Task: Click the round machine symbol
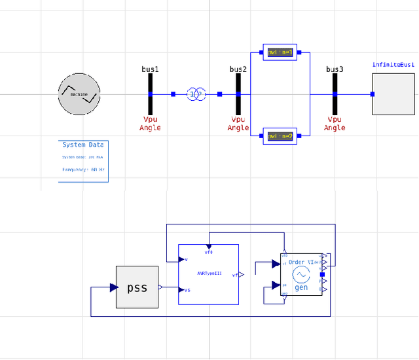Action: (79, 94)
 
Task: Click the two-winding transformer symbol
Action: (196, 94)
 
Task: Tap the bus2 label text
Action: (238, 69)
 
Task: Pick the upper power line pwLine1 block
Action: (280, 52)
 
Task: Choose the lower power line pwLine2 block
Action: (280, 135)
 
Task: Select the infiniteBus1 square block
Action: (393, 94)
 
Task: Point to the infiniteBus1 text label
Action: (393, 65)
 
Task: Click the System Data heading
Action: (82, 145)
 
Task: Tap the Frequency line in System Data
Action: (83, 169)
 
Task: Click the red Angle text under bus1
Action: (150, 128)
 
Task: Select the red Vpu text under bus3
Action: (335, 120)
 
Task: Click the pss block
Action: (137, 287)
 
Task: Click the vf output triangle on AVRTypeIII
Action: (242, 276)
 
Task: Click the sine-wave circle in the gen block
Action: (301, 276)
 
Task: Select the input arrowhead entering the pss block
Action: (113, 288)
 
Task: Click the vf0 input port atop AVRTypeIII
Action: (208, 247)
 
